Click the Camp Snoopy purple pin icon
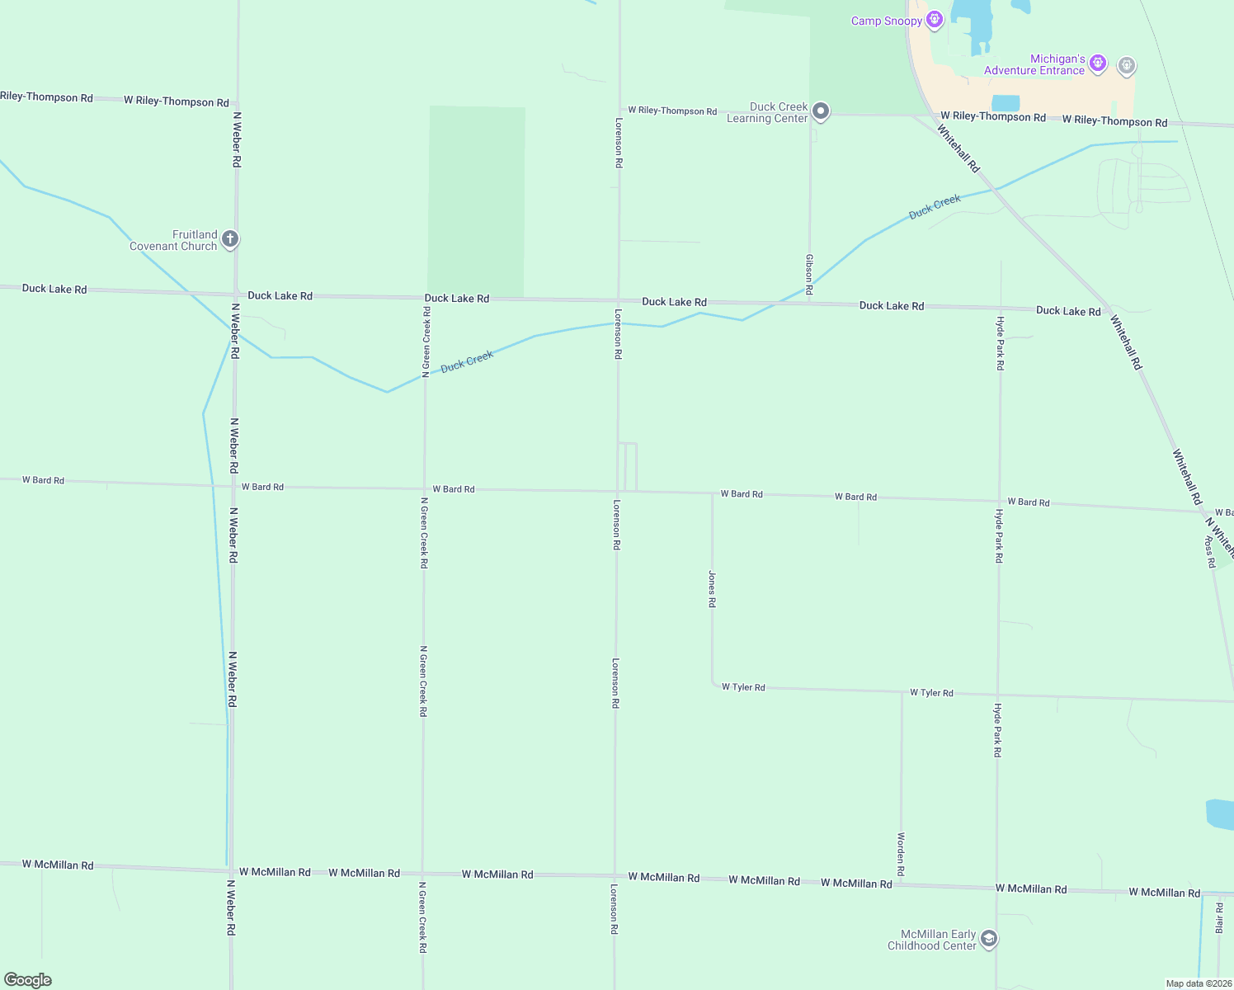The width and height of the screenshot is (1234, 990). pos(934,19)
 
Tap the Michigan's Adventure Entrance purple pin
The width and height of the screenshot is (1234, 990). pos(1097,63)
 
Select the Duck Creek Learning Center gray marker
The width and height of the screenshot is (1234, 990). pos(821,111)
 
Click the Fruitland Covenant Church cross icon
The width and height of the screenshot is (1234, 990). pos(230,239)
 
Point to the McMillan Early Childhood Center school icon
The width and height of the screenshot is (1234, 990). pos(989,939)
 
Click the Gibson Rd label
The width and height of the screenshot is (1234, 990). pos(809,274)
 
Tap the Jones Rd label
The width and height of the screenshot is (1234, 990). pos(712,589)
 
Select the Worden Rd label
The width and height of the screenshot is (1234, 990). pos(901,854)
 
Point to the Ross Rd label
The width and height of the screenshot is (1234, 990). pos(1210,552)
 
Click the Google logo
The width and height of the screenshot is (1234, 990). pos(28,979)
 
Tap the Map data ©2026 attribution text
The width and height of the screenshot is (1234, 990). pos(1199,983)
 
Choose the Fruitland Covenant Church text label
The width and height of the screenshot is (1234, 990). pos(173,240)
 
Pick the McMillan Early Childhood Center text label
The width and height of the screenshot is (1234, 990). pos(932,940)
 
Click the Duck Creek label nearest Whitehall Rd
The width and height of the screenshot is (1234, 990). pos(935,206)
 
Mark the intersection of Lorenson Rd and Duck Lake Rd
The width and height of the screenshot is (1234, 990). pos(619,300)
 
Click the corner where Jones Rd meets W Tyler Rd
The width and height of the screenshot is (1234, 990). pos(714,686)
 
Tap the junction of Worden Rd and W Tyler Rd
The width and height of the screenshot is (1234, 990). pos(902,691)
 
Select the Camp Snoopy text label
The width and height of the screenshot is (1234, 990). pos(887,21)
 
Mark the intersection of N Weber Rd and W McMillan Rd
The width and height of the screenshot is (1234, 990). pos(232,870)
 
